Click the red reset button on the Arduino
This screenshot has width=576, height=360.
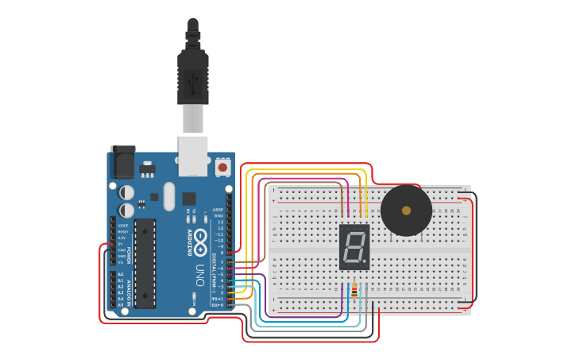click(x=222, y=168)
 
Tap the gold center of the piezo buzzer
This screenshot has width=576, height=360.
click(x=406, y=211)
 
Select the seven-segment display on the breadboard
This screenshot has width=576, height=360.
click(x=354, y=247)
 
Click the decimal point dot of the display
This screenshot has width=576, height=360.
click(x=366, y=263)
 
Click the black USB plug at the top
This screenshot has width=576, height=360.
click(x=193, y=75)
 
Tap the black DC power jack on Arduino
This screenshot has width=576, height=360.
click(x=122, y=163)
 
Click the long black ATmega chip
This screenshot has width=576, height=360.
click(x=145, y=263)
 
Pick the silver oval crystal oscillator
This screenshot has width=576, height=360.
click(x=168, y=196)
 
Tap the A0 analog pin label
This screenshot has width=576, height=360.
click(x=121, y=274)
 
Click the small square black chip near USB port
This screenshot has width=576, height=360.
click(x=188, y=199)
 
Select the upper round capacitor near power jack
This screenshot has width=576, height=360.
click(x=126, y=192)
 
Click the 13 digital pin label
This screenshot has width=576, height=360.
click(x=220, y=222)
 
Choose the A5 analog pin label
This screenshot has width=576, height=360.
click(x=121, y=304)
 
